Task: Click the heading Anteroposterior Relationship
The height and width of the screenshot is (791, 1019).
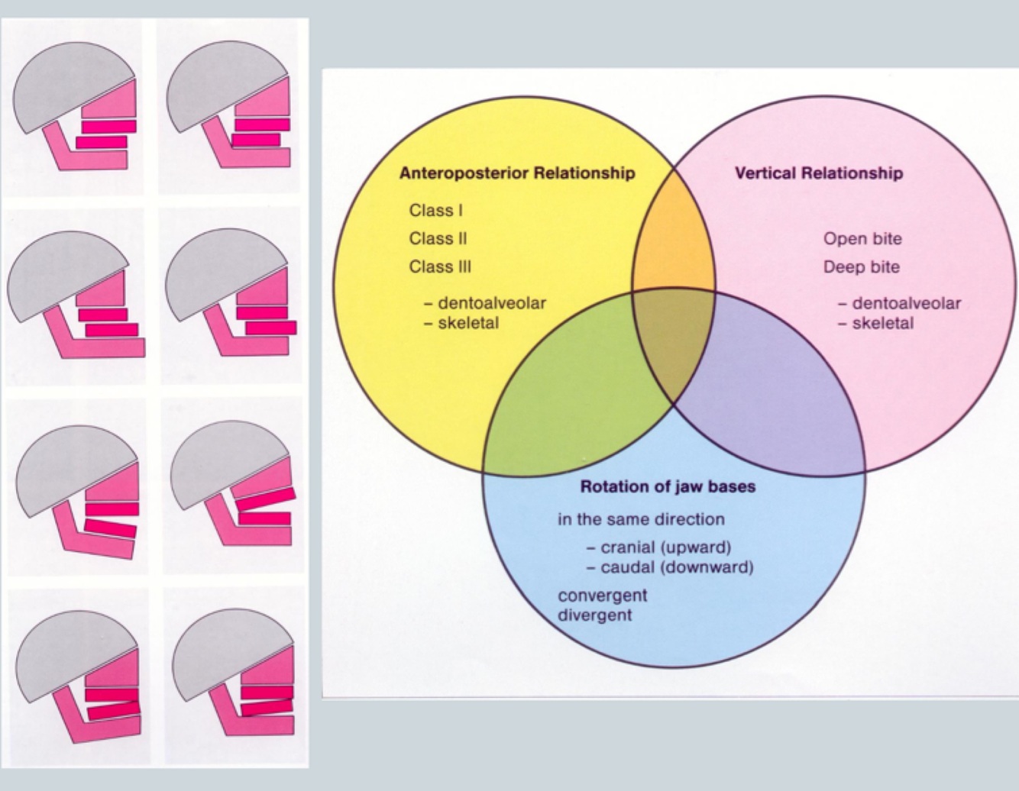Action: pos(517,173)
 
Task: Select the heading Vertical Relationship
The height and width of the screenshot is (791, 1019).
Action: pos(818,173)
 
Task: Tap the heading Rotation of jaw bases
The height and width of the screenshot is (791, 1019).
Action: pos(668,487)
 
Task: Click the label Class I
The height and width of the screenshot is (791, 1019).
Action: pos(435,211)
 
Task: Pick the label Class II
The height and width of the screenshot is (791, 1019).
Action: pos(438,239)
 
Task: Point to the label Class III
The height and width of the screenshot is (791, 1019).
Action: pos(440,267)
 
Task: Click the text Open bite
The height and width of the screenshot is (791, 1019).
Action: pos(862,239)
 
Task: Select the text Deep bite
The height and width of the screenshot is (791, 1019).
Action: pos(862,267)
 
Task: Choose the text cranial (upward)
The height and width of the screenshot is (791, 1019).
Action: pos(665,547)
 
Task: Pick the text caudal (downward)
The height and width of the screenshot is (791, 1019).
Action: pos(677,567)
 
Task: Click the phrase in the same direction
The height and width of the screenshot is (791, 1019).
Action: pos(641,520)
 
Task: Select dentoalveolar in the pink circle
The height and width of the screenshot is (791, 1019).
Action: pos(906,303)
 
